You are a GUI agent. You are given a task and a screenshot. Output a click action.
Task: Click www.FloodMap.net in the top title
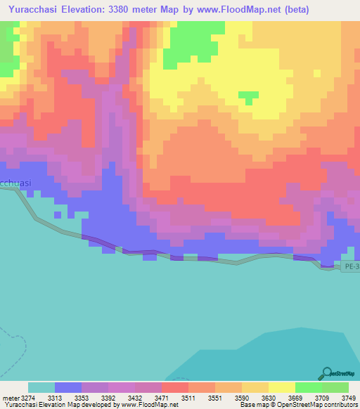(224, 10)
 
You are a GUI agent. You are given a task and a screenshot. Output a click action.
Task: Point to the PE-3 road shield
(351, 266)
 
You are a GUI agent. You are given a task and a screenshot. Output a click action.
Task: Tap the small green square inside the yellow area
(248, 96)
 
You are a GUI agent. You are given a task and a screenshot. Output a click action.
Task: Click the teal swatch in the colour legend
(41, 387)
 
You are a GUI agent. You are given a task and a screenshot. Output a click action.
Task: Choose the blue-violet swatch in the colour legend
(68, 387)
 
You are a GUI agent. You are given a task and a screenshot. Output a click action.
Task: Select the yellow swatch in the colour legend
(282, 387)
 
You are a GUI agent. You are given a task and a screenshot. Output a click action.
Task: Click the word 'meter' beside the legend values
(9, 397)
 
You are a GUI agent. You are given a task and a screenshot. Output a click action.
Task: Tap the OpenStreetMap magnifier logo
(326, 372)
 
